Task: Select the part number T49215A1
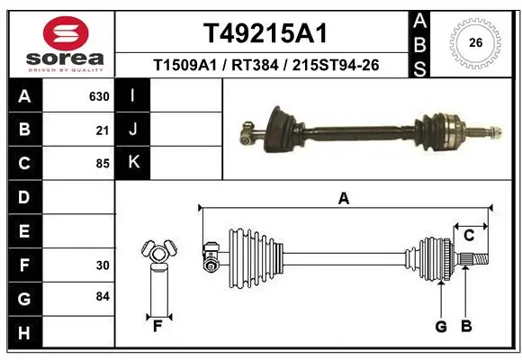click(x=265, y=34)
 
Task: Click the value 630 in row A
click(x=98, y=96)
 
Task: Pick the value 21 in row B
click(x=102, y=130)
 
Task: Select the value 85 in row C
click(x=102, y=164)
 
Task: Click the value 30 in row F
click(x=102, y=265)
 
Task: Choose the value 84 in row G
click(x=102, y=296)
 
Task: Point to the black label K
click(x=133, y=163)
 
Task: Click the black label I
click(x=133, y=96)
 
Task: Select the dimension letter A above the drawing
click(x=343, y=198)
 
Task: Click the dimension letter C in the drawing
click(x=469, y=235)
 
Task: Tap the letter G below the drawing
click(x=441, y=326)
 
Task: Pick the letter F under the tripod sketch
click(x=157, y=326)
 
